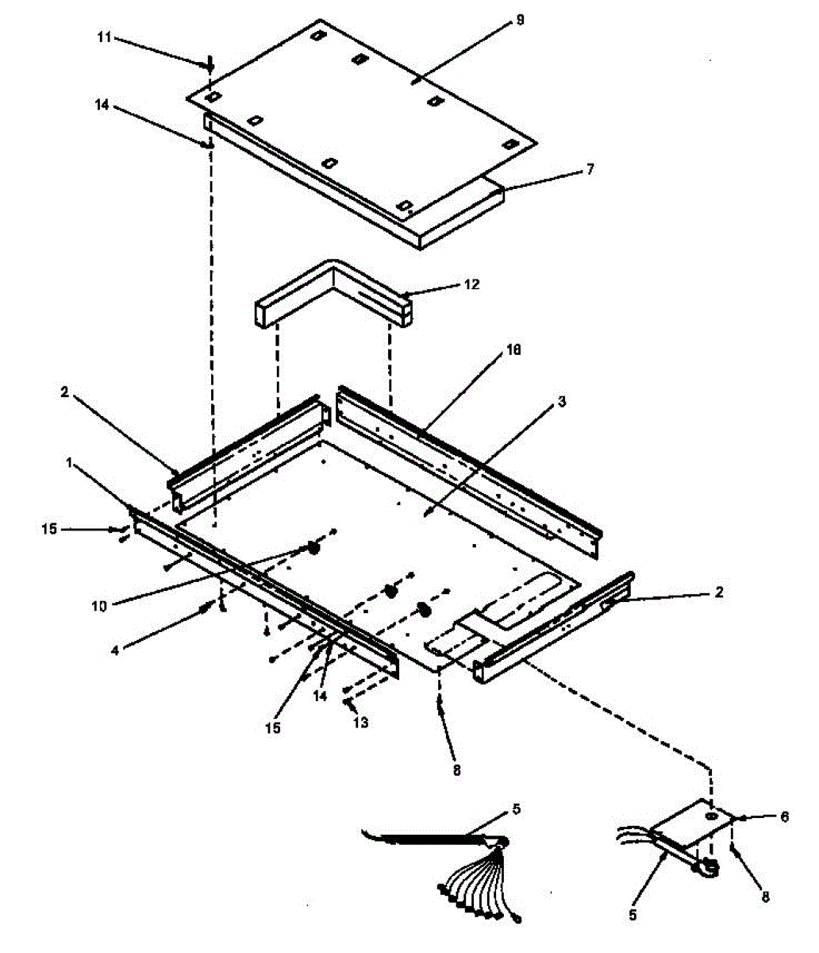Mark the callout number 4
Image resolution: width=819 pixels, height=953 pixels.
click(x=115, y=649)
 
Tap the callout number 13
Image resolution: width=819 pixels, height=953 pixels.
click(x=363, y=723)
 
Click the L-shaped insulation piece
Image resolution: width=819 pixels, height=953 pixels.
click(x=333, y=295)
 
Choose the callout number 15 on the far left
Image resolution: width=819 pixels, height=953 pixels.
click(x=49, y=529)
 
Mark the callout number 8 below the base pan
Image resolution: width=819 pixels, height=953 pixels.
click(x=456, y=769)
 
